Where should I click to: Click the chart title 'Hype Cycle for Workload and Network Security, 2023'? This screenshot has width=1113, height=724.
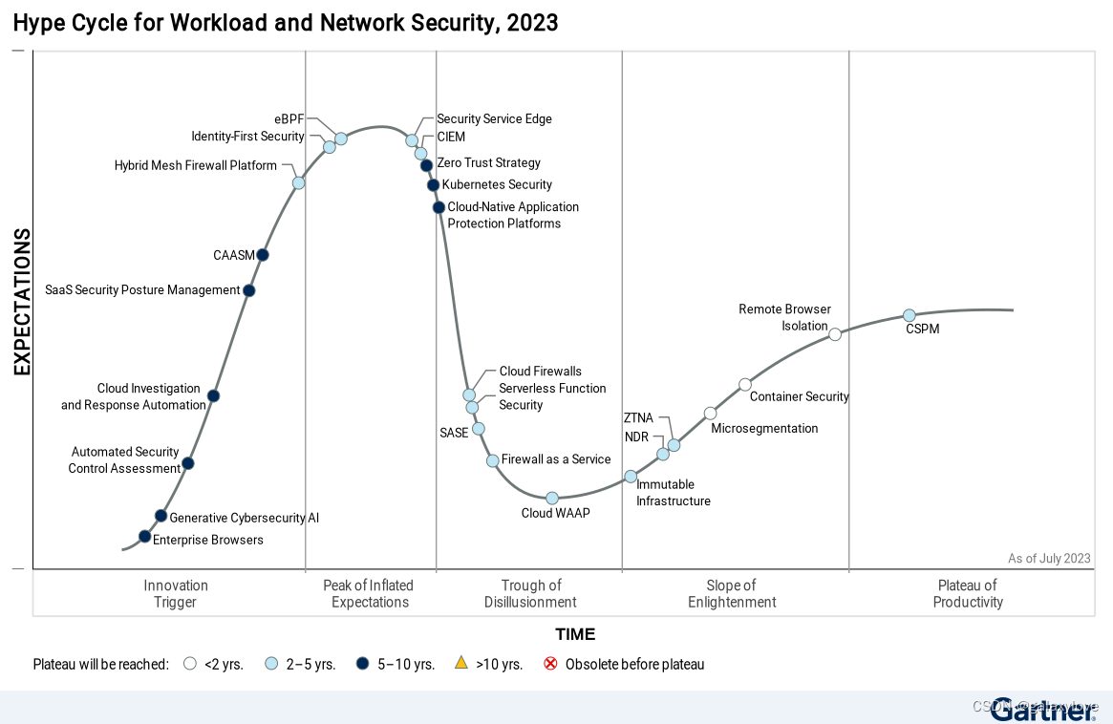[286, 23]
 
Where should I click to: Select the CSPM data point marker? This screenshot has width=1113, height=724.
[910, 315]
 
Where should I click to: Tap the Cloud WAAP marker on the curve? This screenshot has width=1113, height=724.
[552, 498]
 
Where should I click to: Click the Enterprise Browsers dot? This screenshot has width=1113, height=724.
[144, 537]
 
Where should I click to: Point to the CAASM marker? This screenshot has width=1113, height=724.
[263, 255]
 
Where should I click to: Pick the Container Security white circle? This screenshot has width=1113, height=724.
[745, 385]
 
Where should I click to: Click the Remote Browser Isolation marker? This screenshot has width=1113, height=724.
[835, 334]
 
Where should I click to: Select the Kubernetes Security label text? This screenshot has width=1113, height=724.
[497, 184]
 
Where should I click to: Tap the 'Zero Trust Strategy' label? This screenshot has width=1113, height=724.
[488, 163]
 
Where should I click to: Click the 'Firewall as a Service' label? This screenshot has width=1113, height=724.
[556, 459]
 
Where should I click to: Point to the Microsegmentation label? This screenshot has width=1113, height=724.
[764, 429]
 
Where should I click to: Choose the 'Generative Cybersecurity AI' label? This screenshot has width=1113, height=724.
[244, 518]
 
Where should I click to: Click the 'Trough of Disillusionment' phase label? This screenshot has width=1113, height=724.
[530, 593]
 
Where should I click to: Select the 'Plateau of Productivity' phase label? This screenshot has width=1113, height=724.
[968, 593]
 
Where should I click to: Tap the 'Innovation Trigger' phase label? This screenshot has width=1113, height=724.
[176, 593]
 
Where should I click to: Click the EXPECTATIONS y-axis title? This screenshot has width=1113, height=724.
[22, 302]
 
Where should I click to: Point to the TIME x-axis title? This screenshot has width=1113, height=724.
[575, 634]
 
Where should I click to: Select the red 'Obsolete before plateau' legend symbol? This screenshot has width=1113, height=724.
[550, 663]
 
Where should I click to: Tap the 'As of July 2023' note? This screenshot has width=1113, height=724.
[1049, 559]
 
